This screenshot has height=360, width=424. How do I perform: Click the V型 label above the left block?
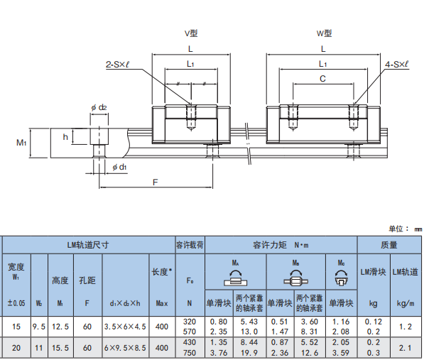tap(191, 33)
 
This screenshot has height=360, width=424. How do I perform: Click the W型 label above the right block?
tap(325, 33)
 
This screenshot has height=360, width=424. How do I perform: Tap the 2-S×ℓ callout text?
tap(117, 65)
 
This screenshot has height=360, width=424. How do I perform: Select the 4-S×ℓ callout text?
tap(397, 65)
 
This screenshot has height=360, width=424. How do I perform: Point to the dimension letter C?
tap(322, 79)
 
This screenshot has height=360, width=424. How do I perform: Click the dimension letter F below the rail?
tap(156, 182)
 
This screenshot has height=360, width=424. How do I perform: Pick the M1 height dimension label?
tap(21, 143)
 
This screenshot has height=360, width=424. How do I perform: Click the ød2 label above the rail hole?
tap(99, 107)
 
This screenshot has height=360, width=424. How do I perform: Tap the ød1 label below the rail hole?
tap(119, 168)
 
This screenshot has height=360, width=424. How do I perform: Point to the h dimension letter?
tap(65, 137)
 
